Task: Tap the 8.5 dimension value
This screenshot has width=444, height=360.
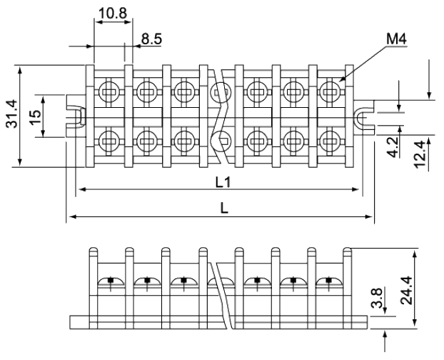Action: pos(151,39)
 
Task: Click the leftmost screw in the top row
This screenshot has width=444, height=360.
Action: pos(109,91)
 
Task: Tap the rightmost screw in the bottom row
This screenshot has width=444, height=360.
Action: pos(328,137)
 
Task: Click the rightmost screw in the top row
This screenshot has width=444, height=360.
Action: pos(328,91)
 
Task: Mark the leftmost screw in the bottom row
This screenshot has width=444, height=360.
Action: pos(109,137)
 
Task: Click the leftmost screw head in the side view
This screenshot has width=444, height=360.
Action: pos(109,279)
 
